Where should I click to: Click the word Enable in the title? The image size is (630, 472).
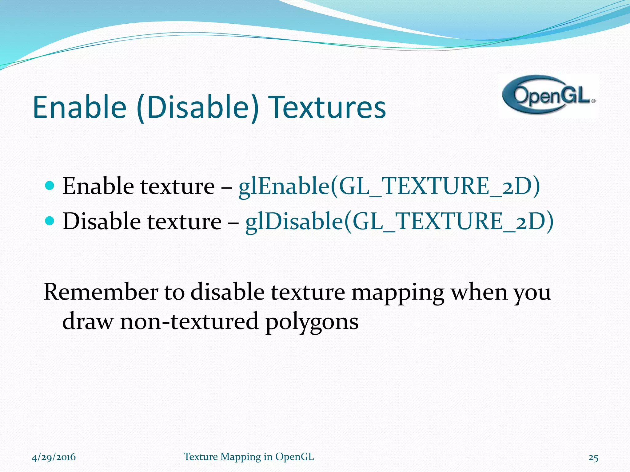[79, 107]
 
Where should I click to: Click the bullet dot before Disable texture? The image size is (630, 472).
[49, 220]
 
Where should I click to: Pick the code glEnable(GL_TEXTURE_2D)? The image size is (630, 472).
[389, 186]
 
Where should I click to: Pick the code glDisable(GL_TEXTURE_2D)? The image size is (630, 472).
[399, 221]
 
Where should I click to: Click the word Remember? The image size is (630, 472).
[101, 292]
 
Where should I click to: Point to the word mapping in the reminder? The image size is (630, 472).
[398, 293]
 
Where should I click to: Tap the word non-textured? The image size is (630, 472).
[189, 321]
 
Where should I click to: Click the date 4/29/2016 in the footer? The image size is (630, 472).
[54, 457]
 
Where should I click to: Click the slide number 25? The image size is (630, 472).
[593, 458]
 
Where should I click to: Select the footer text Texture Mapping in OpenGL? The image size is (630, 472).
[249, 457]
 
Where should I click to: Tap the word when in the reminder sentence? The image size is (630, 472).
[479, 292]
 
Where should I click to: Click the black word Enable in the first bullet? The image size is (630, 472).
[98, 186]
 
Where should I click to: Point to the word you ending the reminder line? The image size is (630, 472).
[532, 293]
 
